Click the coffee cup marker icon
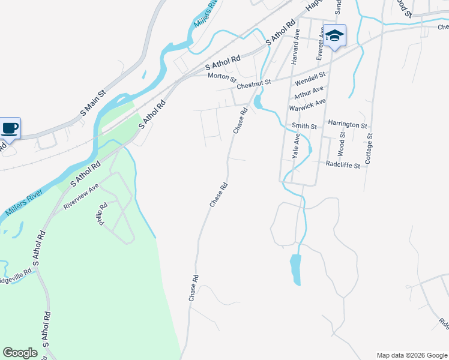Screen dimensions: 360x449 [10, 128]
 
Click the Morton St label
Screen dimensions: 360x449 [222, 76]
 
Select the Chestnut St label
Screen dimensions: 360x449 [254, 85]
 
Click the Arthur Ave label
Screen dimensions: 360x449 [308, 92]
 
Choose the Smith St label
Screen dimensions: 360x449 [304, 126]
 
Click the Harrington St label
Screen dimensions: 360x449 [347, 124]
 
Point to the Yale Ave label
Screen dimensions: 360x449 [296, 146]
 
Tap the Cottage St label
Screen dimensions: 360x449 [369, 149]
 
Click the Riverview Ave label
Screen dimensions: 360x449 [80, 197]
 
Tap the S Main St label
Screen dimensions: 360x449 [93, 103]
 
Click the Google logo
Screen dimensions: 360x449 [20, 353]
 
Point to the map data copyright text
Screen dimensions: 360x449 [411, 355]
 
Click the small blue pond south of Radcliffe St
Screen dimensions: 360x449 [295, 269]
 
